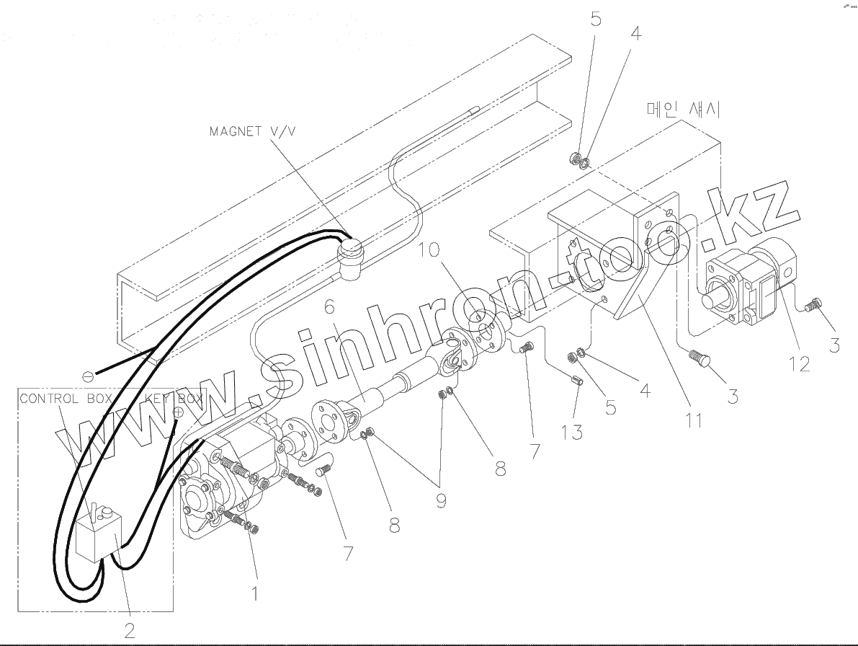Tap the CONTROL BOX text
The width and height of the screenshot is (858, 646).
coord(65,399)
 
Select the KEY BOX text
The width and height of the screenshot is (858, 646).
coord(173,398)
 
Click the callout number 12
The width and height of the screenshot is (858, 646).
coord(800,363)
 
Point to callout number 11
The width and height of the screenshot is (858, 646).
coord(693,419)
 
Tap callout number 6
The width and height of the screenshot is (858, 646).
coord(329,306)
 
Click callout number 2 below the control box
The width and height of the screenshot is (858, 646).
coord(130,630)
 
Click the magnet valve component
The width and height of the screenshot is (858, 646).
coord(350,261)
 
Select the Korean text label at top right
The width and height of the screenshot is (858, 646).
coord(684,110)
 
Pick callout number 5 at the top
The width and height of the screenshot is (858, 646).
coord(596,19)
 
